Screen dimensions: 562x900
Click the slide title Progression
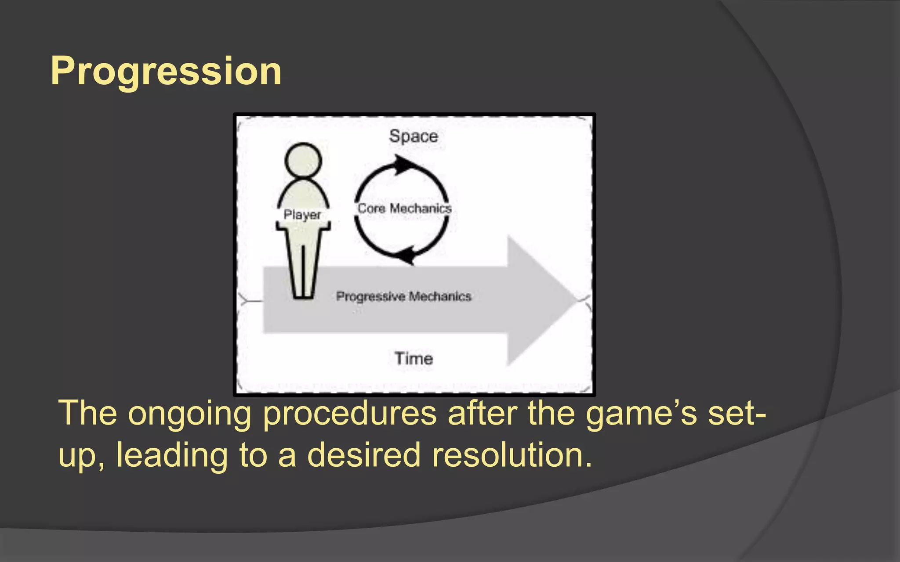pos(166,71)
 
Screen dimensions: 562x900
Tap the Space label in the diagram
pos(414,136)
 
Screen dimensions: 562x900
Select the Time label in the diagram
pos(414,359)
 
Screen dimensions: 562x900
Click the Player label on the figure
pos(302,215)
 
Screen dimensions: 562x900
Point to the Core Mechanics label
pos(404,208)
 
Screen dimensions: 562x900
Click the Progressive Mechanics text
pos(403,296)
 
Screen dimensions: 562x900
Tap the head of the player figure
pos(303,160)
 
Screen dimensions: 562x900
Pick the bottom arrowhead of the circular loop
pos(406,255)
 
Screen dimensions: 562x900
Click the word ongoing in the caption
pos(189,414)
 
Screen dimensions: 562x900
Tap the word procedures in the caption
pos(350,414)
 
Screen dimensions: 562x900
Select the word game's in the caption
pos(641,414)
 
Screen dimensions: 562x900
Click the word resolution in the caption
pos(512,455)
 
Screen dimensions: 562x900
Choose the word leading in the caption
pos(172,455)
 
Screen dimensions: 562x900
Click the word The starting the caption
pos(87,414)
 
